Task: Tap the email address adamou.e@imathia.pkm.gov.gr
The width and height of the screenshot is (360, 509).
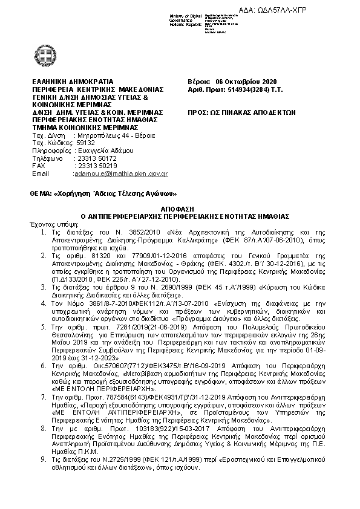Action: tap(120, 173)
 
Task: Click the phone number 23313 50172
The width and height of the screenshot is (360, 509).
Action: tap(94, 158)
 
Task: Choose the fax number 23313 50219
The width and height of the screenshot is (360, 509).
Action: tap(94, 166)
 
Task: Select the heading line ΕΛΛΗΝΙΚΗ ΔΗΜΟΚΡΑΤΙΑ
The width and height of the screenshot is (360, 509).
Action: tap(73, 82)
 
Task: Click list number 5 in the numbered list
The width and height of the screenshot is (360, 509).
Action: tap(43, 326)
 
